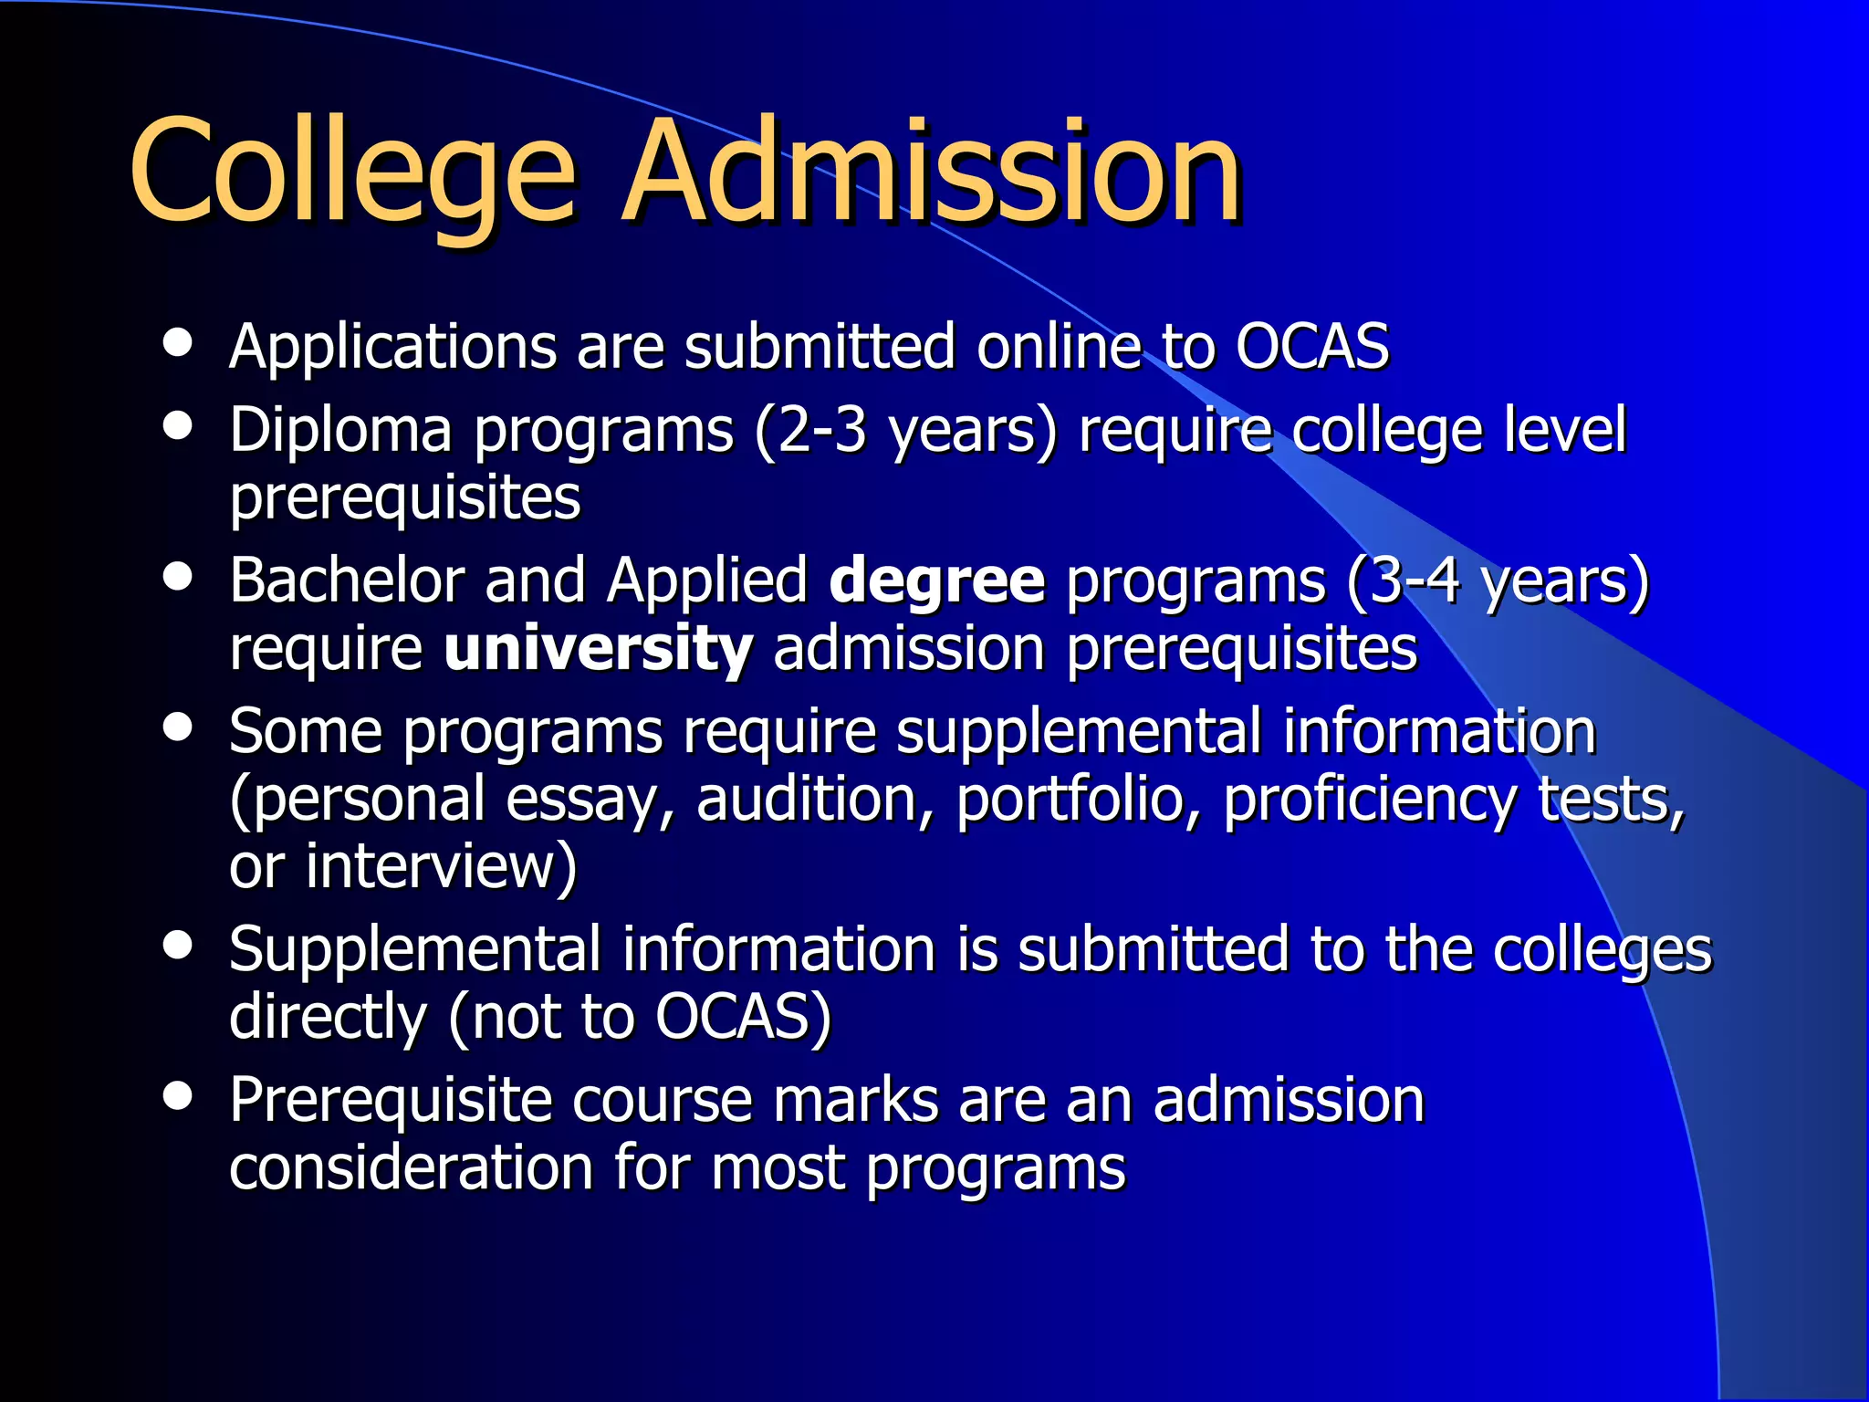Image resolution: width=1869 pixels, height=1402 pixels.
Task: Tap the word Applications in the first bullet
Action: (x=392, y=349)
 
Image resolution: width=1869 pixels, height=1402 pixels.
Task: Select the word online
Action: (x=1058, y=347)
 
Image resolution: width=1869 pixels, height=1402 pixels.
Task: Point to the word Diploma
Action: (x=340, y=431)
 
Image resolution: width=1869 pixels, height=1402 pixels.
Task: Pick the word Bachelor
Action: (x=346, y=581)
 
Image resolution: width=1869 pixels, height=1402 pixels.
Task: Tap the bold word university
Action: (x=598, y=649)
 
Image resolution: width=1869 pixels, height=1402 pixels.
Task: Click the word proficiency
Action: (x=1370, y=800)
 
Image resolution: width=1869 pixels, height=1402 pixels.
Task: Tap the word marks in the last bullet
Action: (x=855, y=1101)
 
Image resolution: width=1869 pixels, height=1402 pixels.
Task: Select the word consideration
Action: (x=411, y=1168)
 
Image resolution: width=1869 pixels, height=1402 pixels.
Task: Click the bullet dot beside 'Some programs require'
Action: (x=178, y=728)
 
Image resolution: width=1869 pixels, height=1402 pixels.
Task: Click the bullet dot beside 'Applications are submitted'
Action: (x=178, y=343)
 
